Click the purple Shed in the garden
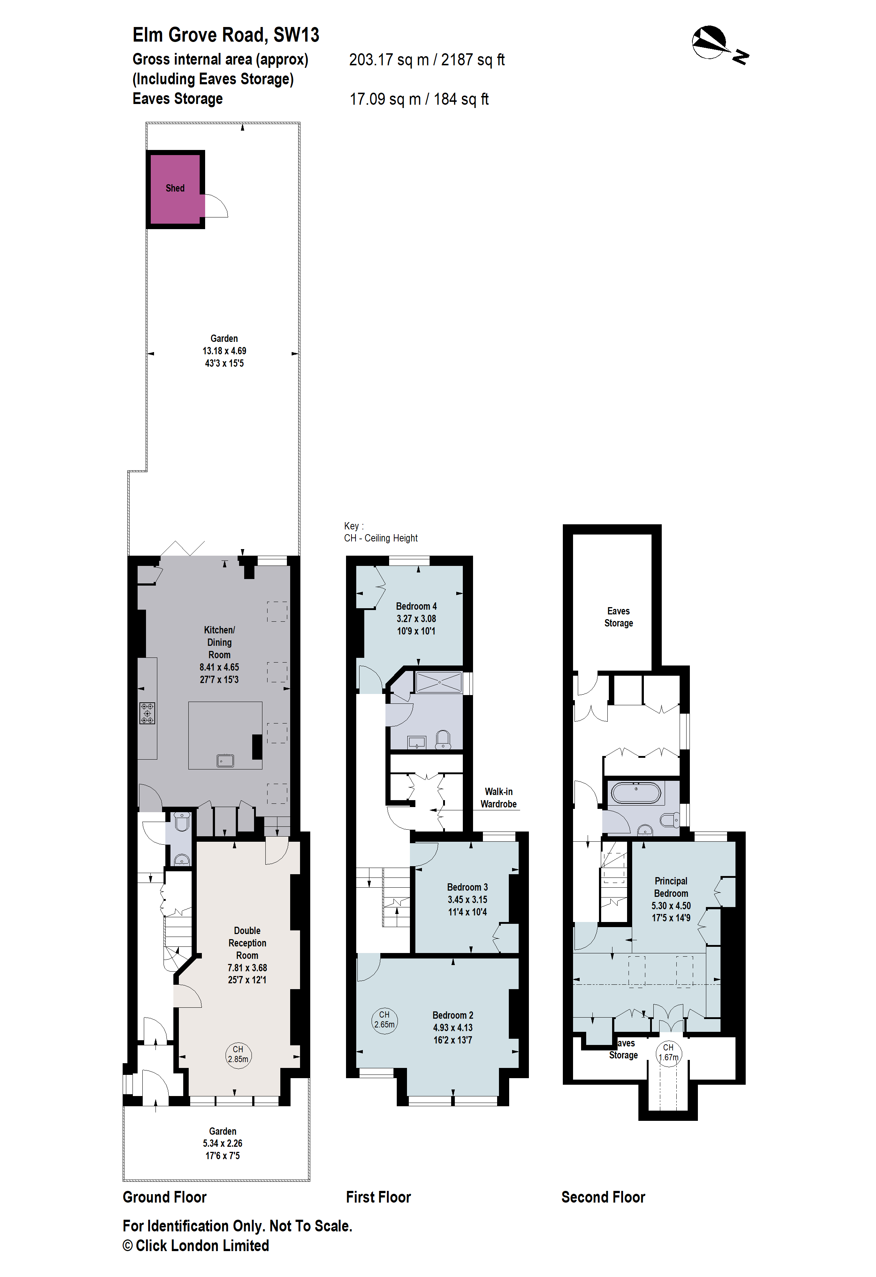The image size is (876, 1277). coord(175,189)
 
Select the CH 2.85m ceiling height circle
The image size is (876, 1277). coord(238,1054)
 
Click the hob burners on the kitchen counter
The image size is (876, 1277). coord(147,713)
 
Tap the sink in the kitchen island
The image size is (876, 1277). coord(225,761)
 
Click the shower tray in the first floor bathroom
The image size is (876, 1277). coord(439,682)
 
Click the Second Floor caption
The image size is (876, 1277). coord(603,1197)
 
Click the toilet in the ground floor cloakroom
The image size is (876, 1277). coord(182,823)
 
